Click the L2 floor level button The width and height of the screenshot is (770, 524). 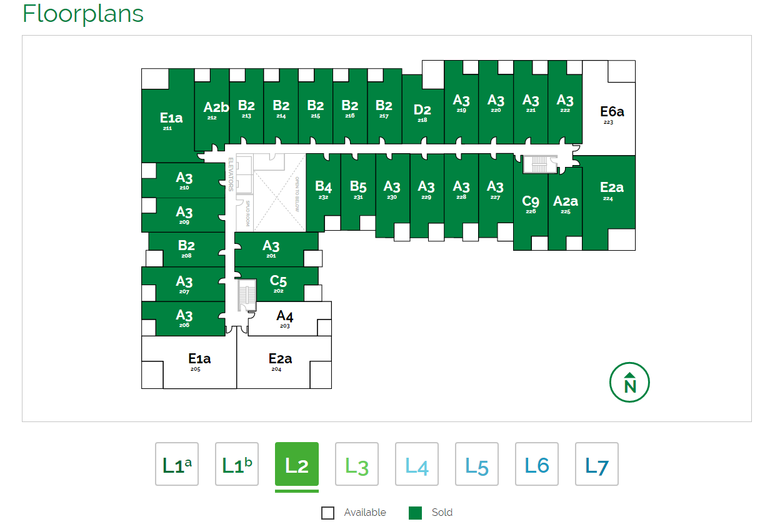(x=297, y=464)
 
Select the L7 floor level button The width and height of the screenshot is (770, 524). (x=597, y=464)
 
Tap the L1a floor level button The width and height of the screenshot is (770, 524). (x=177, y=464)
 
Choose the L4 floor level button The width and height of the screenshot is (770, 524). (x=417, y=464)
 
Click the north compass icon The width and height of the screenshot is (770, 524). (x=629, y=383)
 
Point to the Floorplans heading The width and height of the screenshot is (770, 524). (x=83, y=13)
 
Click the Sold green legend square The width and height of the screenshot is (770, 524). (x=415, y=513)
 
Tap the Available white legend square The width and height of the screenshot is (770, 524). (x=328, y=513)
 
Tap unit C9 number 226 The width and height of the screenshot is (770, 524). (x=531, y=204)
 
